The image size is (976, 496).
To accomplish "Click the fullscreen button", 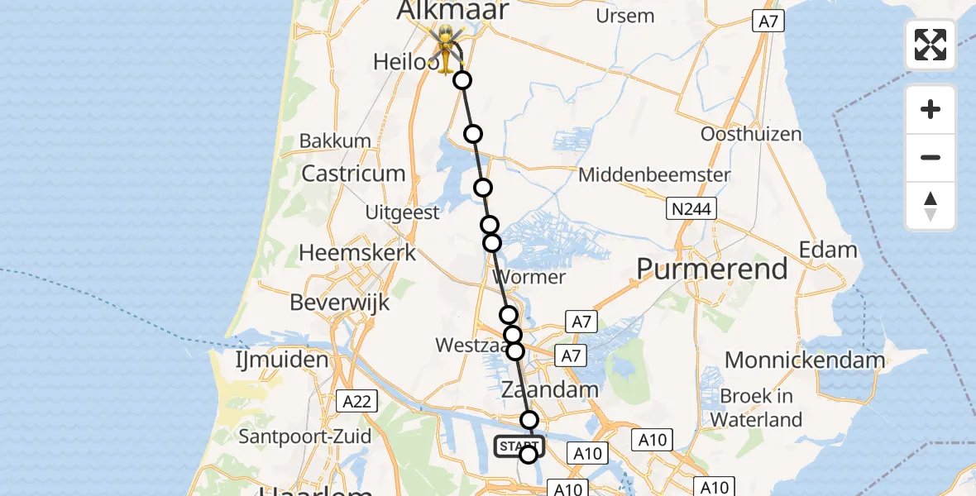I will [x=931, y=45].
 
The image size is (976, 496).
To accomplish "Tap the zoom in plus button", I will [x=931, y=109].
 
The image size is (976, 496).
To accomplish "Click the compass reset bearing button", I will [x=931, y=206].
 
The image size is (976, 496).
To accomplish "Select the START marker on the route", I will [x=519, y=447].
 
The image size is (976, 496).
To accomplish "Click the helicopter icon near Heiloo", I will [x=447, y=46].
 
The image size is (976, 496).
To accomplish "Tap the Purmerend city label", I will [x=711, y=269].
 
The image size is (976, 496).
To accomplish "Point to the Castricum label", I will [x=353, y=174].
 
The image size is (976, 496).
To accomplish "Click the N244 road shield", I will [x=691, y=209].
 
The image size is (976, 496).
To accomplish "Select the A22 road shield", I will [x=357, y=402].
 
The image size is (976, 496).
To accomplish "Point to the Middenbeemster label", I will [x=654, y=175].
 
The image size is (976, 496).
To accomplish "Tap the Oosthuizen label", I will [x=750, y=134].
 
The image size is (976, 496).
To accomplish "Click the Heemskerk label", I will [x=357, y=252].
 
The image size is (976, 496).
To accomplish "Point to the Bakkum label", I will [x=335, y=141].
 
